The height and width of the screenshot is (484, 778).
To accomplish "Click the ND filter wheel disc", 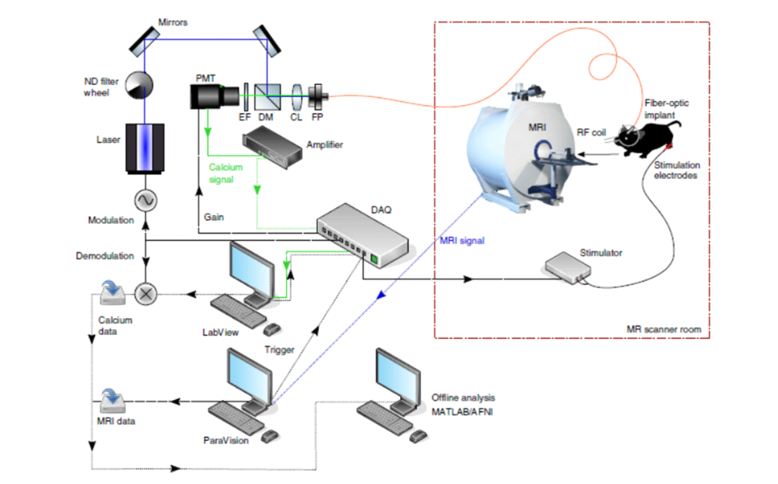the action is pyautogui.click(x=138, y=85).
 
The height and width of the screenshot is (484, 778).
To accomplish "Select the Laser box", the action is pyautogui.click(x=145, y=148).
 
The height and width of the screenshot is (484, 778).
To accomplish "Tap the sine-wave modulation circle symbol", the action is pyautogui.click(x=145, y=201).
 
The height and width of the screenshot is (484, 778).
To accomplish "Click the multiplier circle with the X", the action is pyautogui.click(x=145, y=294).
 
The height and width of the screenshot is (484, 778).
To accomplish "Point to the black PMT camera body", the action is pyautogui.click(x=214, y=96).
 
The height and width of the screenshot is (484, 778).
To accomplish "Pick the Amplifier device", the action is pyautogui.click(x=272, y=147).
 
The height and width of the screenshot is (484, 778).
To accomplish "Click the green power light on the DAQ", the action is pyautogui.click(x=374, y=259).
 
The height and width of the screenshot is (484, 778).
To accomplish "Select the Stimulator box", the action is pyautogui.click(x=568, y=268).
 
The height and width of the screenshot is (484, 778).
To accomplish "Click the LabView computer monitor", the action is pyautogui.click(x=252, y=272).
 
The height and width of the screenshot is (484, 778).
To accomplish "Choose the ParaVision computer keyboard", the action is pyautogui.click(x=236, y=418).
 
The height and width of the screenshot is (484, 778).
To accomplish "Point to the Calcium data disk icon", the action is pyautogui.click(x=112, y=293).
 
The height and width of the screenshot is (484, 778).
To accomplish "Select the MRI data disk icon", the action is pyautogui.click(x=112, y=401).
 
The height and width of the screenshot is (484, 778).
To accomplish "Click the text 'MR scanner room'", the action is pyautogui.click(x=664, y=330).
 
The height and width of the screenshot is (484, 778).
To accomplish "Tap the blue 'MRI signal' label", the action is pyautogui.click(x=462, y=241).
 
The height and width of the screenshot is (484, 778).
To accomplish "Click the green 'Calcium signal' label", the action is pyautogui.click(x=226, y=173).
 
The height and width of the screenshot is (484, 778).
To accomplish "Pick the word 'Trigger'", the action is pyautogui.click(x=280, y=350).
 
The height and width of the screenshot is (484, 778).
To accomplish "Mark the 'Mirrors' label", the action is pyautogui.click(x=172, y=22).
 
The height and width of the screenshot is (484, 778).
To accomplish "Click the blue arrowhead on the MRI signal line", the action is pyautogui.click(x=381, y=295).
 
